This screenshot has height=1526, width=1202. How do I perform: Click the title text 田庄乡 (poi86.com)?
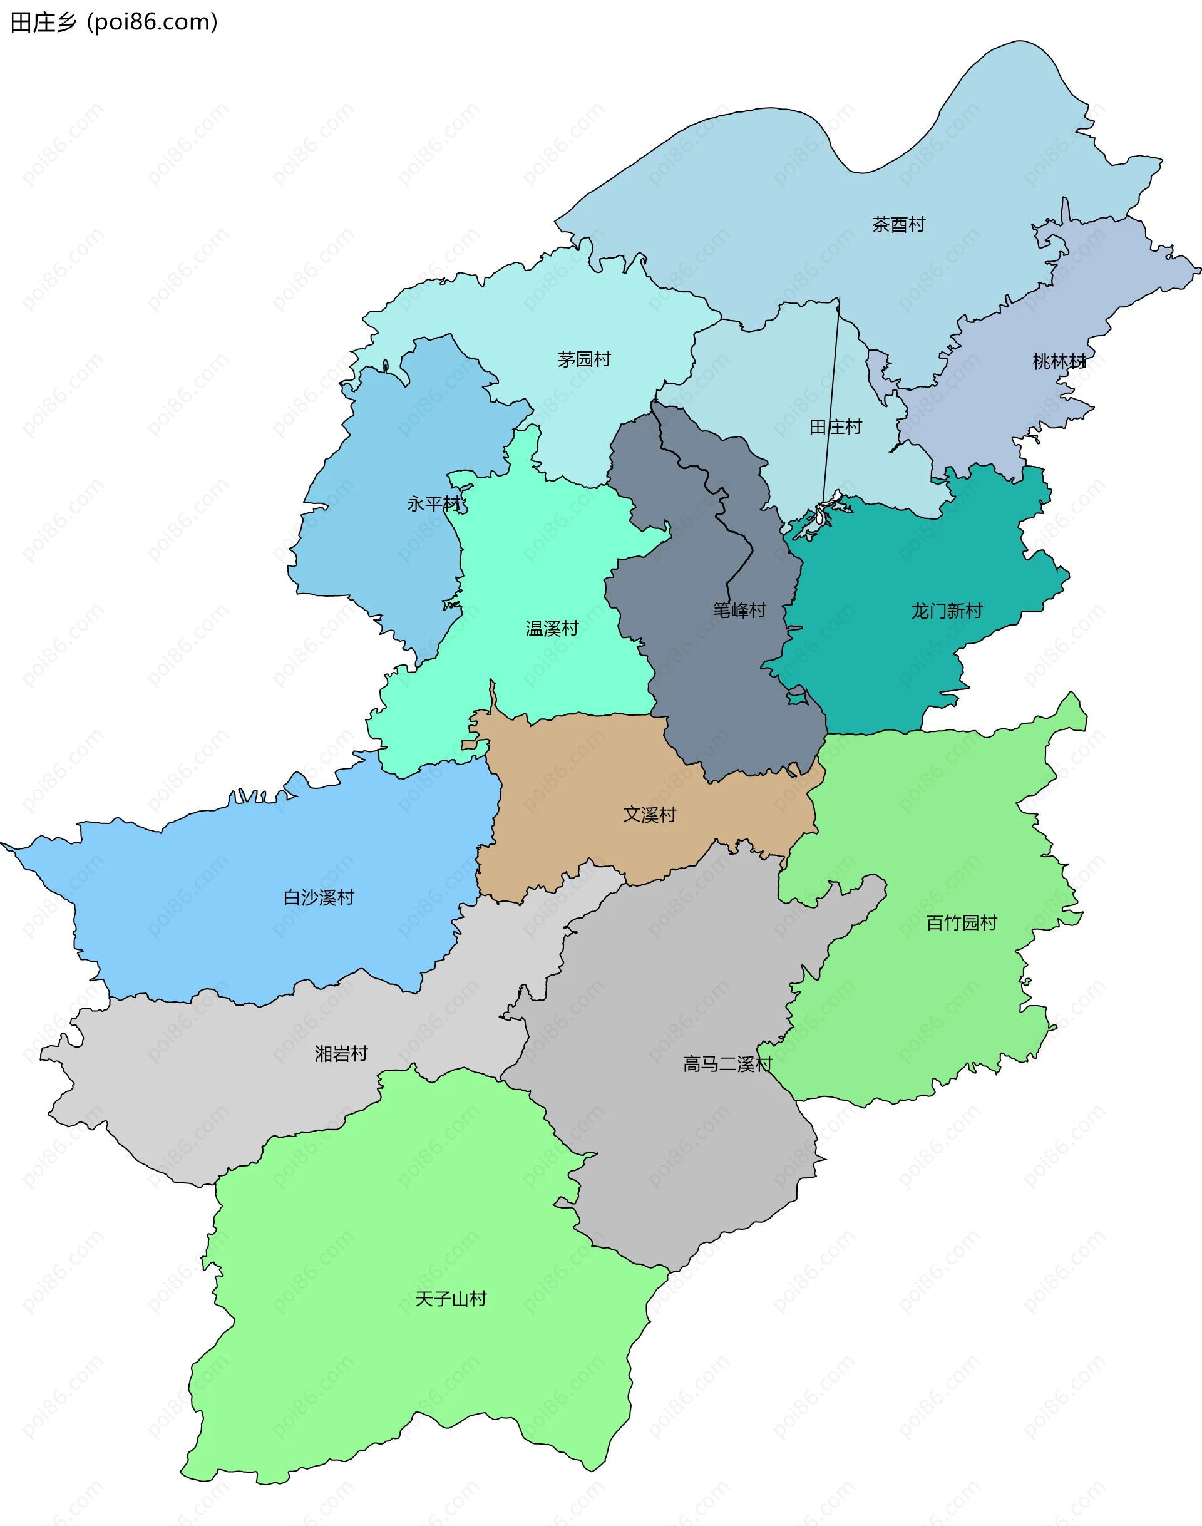114,23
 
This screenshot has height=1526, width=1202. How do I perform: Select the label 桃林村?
1059,362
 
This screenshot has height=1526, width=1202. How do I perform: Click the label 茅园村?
583,359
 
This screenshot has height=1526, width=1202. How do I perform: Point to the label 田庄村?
835,426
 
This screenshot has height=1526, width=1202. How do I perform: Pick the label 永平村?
433,504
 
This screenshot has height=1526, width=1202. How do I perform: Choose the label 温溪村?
552,628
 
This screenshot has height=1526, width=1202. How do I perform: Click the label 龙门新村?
946,611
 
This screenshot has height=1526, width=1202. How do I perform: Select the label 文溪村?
649,815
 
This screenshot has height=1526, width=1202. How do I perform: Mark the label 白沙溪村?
318,897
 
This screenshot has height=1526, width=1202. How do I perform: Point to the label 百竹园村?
962,922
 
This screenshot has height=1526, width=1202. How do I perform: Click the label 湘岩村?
341,1054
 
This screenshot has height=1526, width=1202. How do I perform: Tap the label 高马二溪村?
727,1063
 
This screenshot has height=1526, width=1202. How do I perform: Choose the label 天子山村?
450,1299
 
